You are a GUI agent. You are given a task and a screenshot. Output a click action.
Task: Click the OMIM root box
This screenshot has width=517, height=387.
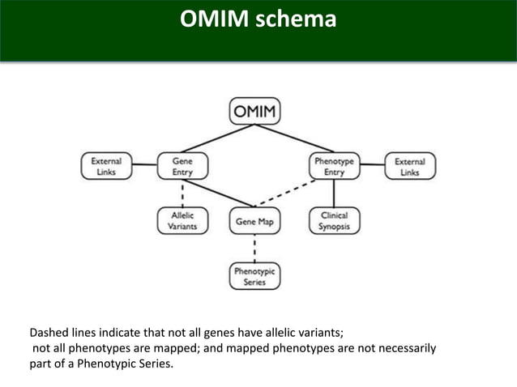point(254,111)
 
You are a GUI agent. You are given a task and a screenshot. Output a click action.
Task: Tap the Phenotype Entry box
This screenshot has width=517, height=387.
point(334,166)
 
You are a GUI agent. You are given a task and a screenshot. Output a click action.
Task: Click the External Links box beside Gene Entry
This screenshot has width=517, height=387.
point(106,166)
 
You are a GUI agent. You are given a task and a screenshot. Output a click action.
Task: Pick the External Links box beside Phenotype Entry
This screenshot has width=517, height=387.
point(409,166)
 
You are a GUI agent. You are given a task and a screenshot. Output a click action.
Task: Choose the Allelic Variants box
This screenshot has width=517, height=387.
point(182,221)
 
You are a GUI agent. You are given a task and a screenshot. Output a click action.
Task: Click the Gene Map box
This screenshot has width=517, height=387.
point(254,221)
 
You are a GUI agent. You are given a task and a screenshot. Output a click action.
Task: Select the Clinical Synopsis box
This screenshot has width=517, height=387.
point(334,221)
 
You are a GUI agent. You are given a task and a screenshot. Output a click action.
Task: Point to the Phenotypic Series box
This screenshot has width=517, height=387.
point(254,277)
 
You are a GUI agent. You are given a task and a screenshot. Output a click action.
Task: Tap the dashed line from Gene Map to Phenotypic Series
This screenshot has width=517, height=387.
point(254,249)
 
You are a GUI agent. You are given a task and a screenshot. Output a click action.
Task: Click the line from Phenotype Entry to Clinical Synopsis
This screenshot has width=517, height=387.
point(334,193)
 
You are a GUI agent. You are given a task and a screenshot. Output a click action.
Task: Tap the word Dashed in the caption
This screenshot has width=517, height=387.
point(49,332)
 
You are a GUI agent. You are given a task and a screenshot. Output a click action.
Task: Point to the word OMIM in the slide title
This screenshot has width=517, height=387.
point(216,19)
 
